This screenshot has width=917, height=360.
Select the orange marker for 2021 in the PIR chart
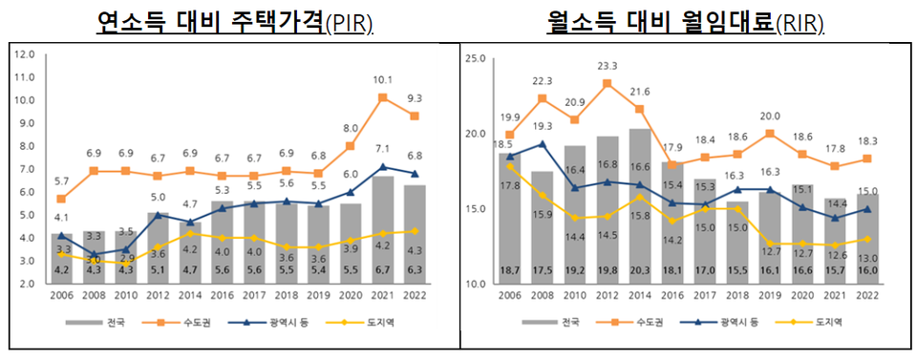point(382,97)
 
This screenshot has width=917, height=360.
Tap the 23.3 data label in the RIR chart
point(607,66)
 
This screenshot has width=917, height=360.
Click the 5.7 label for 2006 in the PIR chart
point(61,181)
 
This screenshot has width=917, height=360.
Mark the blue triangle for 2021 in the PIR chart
point(382,167)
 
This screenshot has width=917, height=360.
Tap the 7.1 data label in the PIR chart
point(382,149)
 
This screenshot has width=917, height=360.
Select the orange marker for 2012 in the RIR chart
point(607,84)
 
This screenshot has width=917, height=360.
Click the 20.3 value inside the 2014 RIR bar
point(640,270)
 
